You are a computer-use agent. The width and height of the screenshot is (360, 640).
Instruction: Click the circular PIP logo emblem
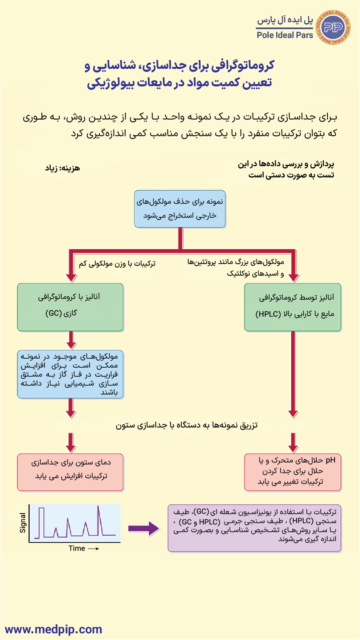pyautogui.click(x=333, y=27)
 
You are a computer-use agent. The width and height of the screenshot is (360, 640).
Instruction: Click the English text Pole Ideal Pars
pyautogui.click(x=285, y=35)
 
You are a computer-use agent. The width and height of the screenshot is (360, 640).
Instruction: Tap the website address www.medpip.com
pyautogui.click(x=53, y=629)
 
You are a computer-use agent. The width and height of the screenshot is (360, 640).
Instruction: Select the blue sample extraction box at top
pyautogui.click(x=180, y=209)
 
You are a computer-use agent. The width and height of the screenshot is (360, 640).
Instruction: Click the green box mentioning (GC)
pyautogui.click(x=70, y=307)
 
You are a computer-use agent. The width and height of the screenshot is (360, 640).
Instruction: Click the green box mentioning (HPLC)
pyautogui.click(x=293, y=307)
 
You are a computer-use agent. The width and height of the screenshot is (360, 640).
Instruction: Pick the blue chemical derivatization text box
pyautogui.click(x=70, y=374)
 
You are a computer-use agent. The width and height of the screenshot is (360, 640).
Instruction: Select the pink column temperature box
pyautogui.click(x=70, y=472)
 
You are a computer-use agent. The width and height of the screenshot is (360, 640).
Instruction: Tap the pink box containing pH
pyautogui.click(x=293, y=472)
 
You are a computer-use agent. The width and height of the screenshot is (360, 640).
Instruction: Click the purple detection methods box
pyautogui.click(x=255, y=528)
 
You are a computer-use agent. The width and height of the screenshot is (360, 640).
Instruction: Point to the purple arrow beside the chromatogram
pyautogui.click(x=144, y=528)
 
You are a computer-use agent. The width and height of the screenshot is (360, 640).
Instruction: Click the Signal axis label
pyautogui.click(x=23, y=523)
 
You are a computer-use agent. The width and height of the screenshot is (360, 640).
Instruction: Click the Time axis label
pyautogui.click(x=77, y=548)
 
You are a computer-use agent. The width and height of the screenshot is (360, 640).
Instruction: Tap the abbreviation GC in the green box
pyautogui.click(x=54, y=313)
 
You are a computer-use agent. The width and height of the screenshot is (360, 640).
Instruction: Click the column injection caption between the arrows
pyautogui.click(x=186, y=425)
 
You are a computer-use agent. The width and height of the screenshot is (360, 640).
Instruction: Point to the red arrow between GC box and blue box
pyautogui.click(x=71, y=340)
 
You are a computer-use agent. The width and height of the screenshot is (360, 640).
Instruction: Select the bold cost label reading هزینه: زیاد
pyautogui.click(x=63, y=168)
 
